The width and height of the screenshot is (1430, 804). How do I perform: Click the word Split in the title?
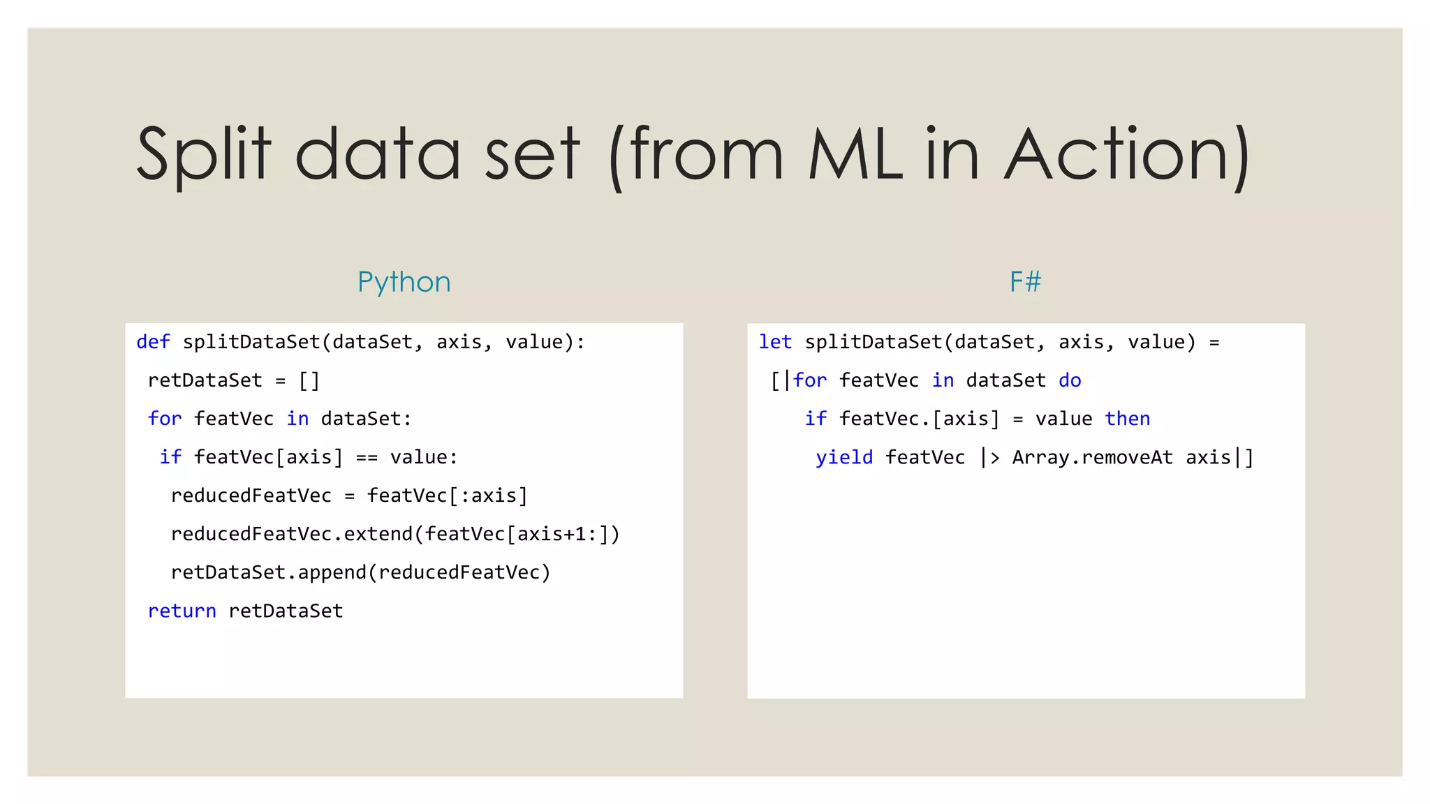coord(203,155)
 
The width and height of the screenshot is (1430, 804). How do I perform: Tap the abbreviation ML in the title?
coord(856,155)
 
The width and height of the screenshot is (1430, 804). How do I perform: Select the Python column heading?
coord(404,282)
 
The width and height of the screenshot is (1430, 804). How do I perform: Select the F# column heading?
coord(1025,282)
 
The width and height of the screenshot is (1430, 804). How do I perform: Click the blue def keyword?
coord(153,342)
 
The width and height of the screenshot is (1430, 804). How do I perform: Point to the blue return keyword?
coord(182,611)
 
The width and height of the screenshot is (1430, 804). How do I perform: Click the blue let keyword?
coord(775,342)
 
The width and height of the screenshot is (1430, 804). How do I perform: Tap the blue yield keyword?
coord(844,457)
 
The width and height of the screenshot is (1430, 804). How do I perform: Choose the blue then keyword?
coord(1127,419)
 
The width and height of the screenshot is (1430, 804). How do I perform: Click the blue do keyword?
coord(1070,380)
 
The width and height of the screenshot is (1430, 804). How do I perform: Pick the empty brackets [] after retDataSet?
coord(309,380)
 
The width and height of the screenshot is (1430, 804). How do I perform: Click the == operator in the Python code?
coord(367,457)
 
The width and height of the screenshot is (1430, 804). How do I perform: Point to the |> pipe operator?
coord(989,457)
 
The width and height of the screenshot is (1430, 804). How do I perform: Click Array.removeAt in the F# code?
coord(1092,457)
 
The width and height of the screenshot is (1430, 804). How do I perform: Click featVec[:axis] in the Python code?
coord(447,496)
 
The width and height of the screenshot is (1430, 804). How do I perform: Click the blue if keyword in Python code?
coord(170,457)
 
